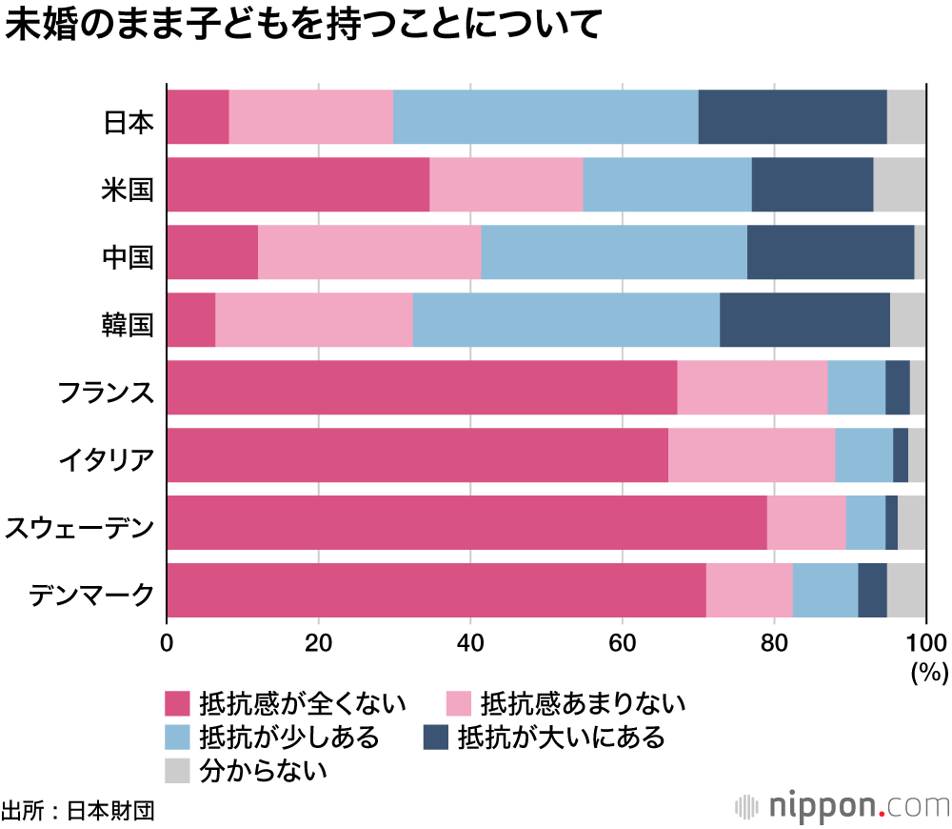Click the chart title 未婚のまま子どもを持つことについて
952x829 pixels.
(x=302, y=27)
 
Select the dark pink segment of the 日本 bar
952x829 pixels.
(x=198, y=116)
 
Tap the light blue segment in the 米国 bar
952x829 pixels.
(x=666, y=184)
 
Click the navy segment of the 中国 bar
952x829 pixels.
(x=830, y=252)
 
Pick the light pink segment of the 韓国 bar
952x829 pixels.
(x=313, y=319)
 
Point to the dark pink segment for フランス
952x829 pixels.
(x=422, y=388)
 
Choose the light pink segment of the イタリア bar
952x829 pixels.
(x=751, y=455)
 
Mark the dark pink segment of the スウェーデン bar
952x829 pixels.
(x=466, y=523)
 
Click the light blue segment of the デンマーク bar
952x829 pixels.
(x=824, y=591)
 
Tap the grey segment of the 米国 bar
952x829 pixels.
(x=899, y=184)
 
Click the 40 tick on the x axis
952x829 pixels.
(x=470, y=640)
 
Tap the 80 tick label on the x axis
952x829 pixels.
(x=774, y=640)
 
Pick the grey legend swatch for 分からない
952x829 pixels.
(x=178, y=769)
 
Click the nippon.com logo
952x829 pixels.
(x=843, y=806)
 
